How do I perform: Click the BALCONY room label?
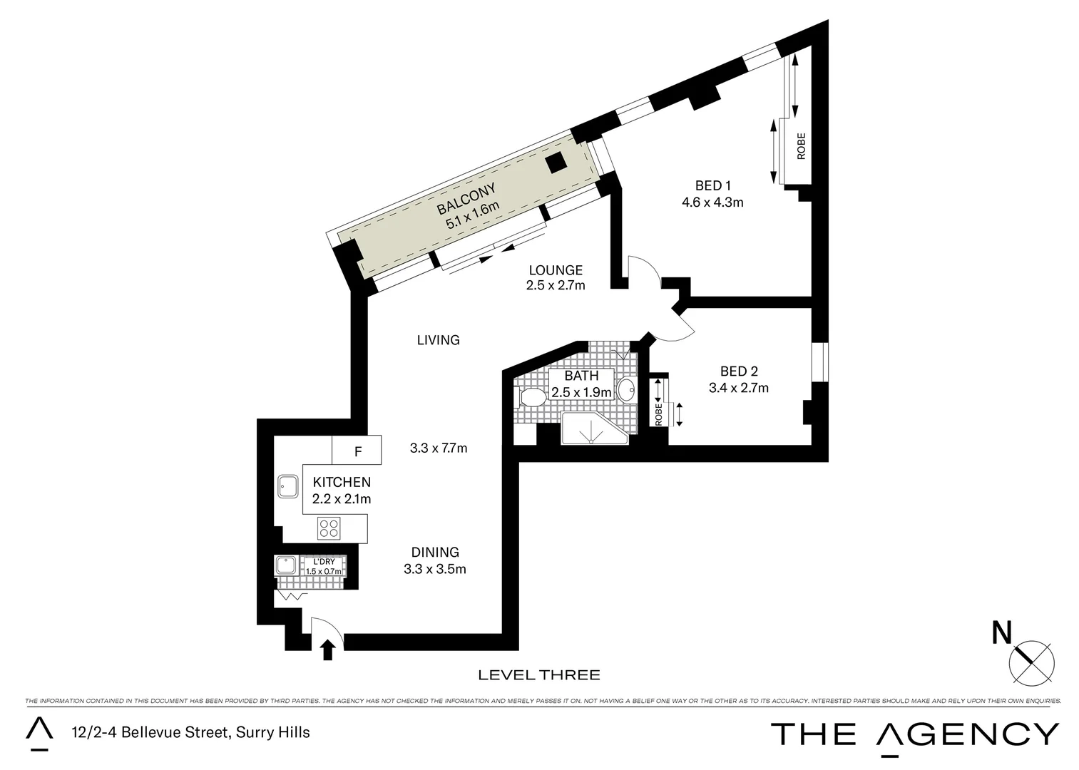(x=466, y=199)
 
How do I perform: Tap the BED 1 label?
(x=712, y=186)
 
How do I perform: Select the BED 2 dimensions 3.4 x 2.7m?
(x=738, y=388)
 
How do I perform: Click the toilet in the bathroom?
(x=532, y=397)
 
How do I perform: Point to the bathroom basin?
(x=626, y=390)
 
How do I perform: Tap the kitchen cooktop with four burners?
(x=329, y=528)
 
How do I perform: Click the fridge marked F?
(x=357, y=451)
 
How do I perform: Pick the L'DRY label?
(x=324, y=562)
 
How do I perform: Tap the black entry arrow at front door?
(x=327, y=650)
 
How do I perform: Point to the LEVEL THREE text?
(x=538, y=674)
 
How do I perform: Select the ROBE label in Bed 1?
(x=801, y=146)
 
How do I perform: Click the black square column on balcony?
(x=556, y=163)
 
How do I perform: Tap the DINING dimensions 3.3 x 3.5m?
(x=434, y=569)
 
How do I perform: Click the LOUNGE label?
(x=556, y=270)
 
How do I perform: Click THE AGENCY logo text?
(x=915, y=734)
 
